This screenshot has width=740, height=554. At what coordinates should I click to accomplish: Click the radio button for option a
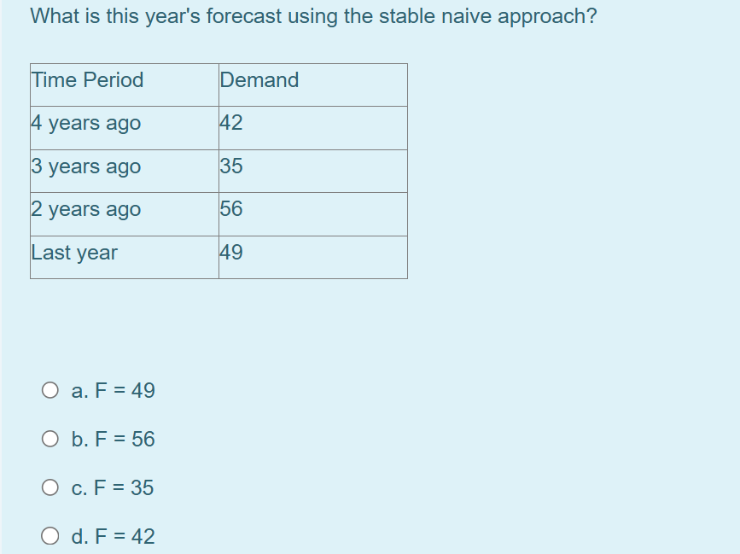click(x=50, y=391)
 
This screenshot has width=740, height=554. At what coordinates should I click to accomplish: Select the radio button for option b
click(x=50, y=440)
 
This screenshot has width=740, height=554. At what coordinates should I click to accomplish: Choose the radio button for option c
click(x=50, y=488)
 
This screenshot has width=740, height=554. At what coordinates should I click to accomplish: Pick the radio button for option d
click(x=50, y=537)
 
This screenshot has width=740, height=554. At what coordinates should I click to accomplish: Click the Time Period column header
click(x=87, y=80)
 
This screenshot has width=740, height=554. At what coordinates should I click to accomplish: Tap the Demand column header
click(x=259, y=80)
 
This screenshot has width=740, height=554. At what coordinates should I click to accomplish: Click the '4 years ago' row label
click(x=86, y=123)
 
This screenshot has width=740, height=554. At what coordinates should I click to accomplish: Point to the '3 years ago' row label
click(x=86, y=166)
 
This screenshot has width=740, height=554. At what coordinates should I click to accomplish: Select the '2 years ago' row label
click(x=86, y=209)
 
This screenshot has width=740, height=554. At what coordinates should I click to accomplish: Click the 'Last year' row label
click(x=74, y=253)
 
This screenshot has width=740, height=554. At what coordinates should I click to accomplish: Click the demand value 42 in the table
click(x=231, y=123)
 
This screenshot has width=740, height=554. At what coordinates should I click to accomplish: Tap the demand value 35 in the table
click(x=231, y=166)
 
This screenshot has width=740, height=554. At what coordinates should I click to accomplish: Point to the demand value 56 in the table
click(x=231, y=209)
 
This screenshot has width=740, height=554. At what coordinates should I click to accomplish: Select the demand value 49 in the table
click(x=231, y=253)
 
